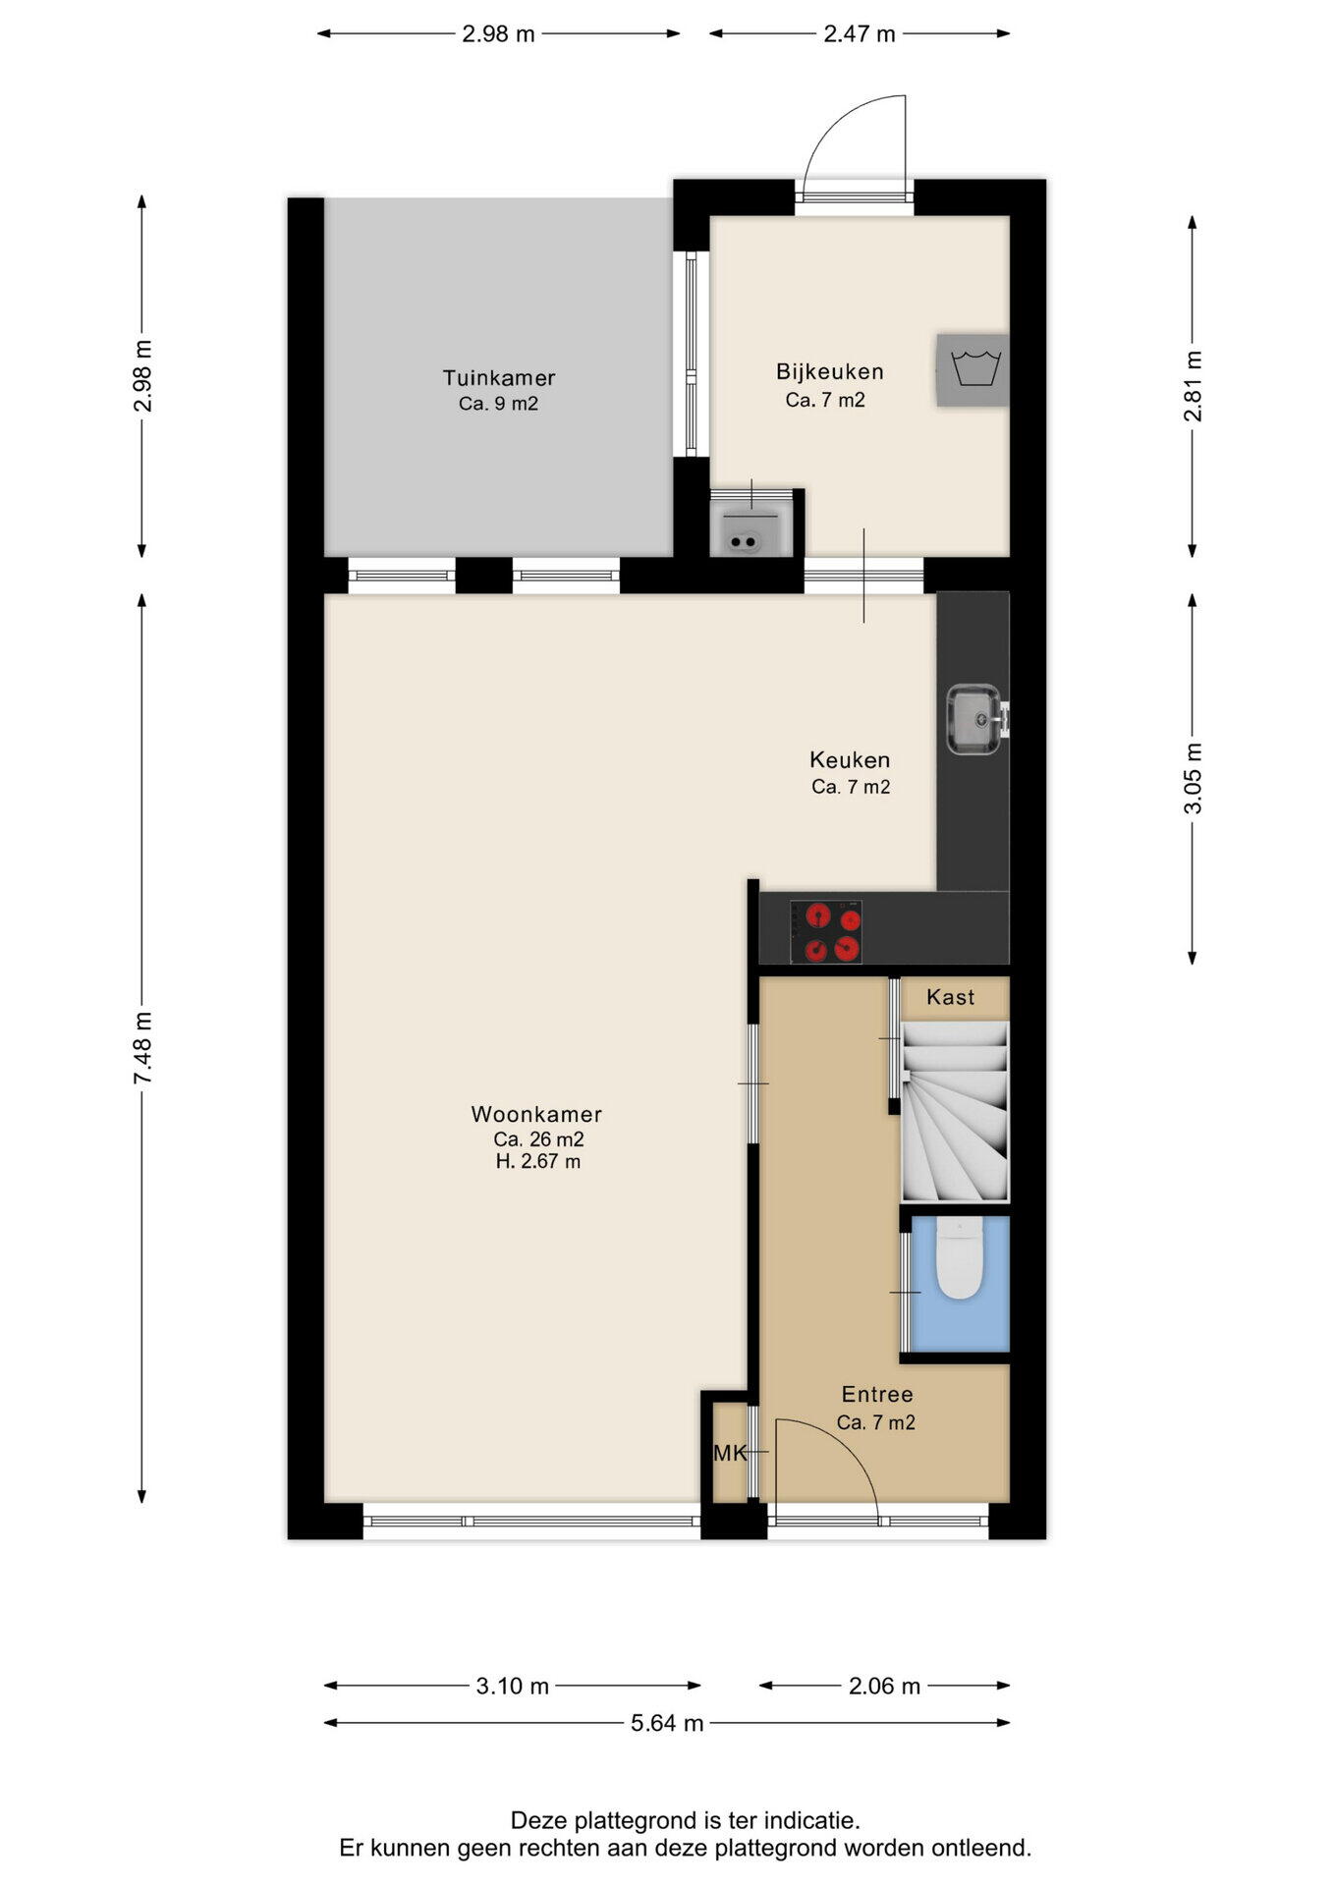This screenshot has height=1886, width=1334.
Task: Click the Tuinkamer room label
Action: coord(499,378)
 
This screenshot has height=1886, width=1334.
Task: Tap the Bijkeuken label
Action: coord(830,372)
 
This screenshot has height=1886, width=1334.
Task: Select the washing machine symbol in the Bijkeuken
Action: coord(973,369)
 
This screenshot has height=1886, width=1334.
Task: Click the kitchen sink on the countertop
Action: coord(974,720)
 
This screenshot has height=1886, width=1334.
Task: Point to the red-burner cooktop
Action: coord(826,932)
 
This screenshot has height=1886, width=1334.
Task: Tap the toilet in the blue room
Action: coord(959,1259)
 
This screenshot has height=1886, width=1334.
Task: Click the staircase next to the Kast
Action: coord(955,1111)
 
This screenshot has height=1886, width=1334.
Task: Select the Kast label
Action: coord(951,998)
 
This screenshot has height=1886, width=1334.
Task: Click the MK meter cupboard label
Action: coord(730,1454)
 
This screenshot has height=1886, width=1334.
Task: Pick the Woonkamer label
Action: coord(536,1115)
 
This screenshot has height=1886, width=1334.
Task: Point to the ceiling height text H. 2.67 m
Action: coord(538,1162)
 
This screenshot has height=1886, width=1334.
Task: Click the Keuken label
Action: coord(850,760)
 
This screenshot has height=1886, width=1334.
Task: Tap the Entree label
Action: coord(877,1395)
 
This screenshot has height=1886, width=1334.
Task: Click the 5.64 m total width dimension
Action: coord(667,1723)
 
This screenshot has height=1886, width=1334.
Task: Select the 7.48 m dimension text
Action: coord(143,1048)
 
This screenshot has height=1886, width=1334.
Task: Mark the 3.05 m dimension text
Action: coord(1193,778)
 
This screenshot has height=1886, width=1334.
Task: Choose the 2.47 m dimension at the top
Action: coord(860,34)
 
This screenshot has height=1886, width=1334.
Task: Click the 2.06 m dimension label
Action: coord(884,1687)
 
